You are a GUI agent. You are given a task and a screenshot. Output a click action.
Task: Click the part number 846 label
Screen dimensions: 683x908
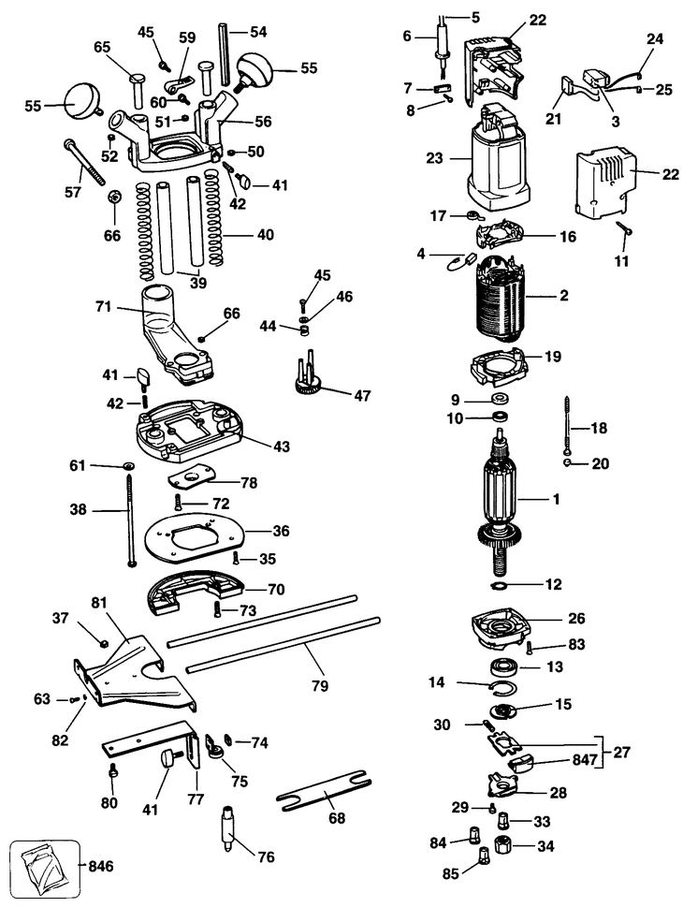click(x=101, y=867)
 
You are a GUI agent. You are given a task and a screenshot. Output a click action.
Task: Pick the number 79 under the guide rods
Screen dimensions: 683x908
click(x=319, y=685)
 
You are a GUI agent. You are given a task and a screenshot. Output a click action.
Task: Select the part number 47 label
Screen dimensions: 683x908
click(x=362, y=396)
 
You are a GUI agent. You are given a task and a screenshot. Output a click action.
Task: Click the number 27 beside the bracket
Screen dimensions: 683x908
click(x=621, y=753)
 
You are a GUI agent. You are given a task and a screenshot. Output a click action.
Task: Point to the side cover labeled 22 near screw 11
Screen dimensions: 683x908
click(x=602, y=185)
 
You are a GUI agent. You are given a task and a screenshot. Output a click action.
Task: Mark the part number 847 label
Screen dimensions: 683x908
click(x=585, y=760)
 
